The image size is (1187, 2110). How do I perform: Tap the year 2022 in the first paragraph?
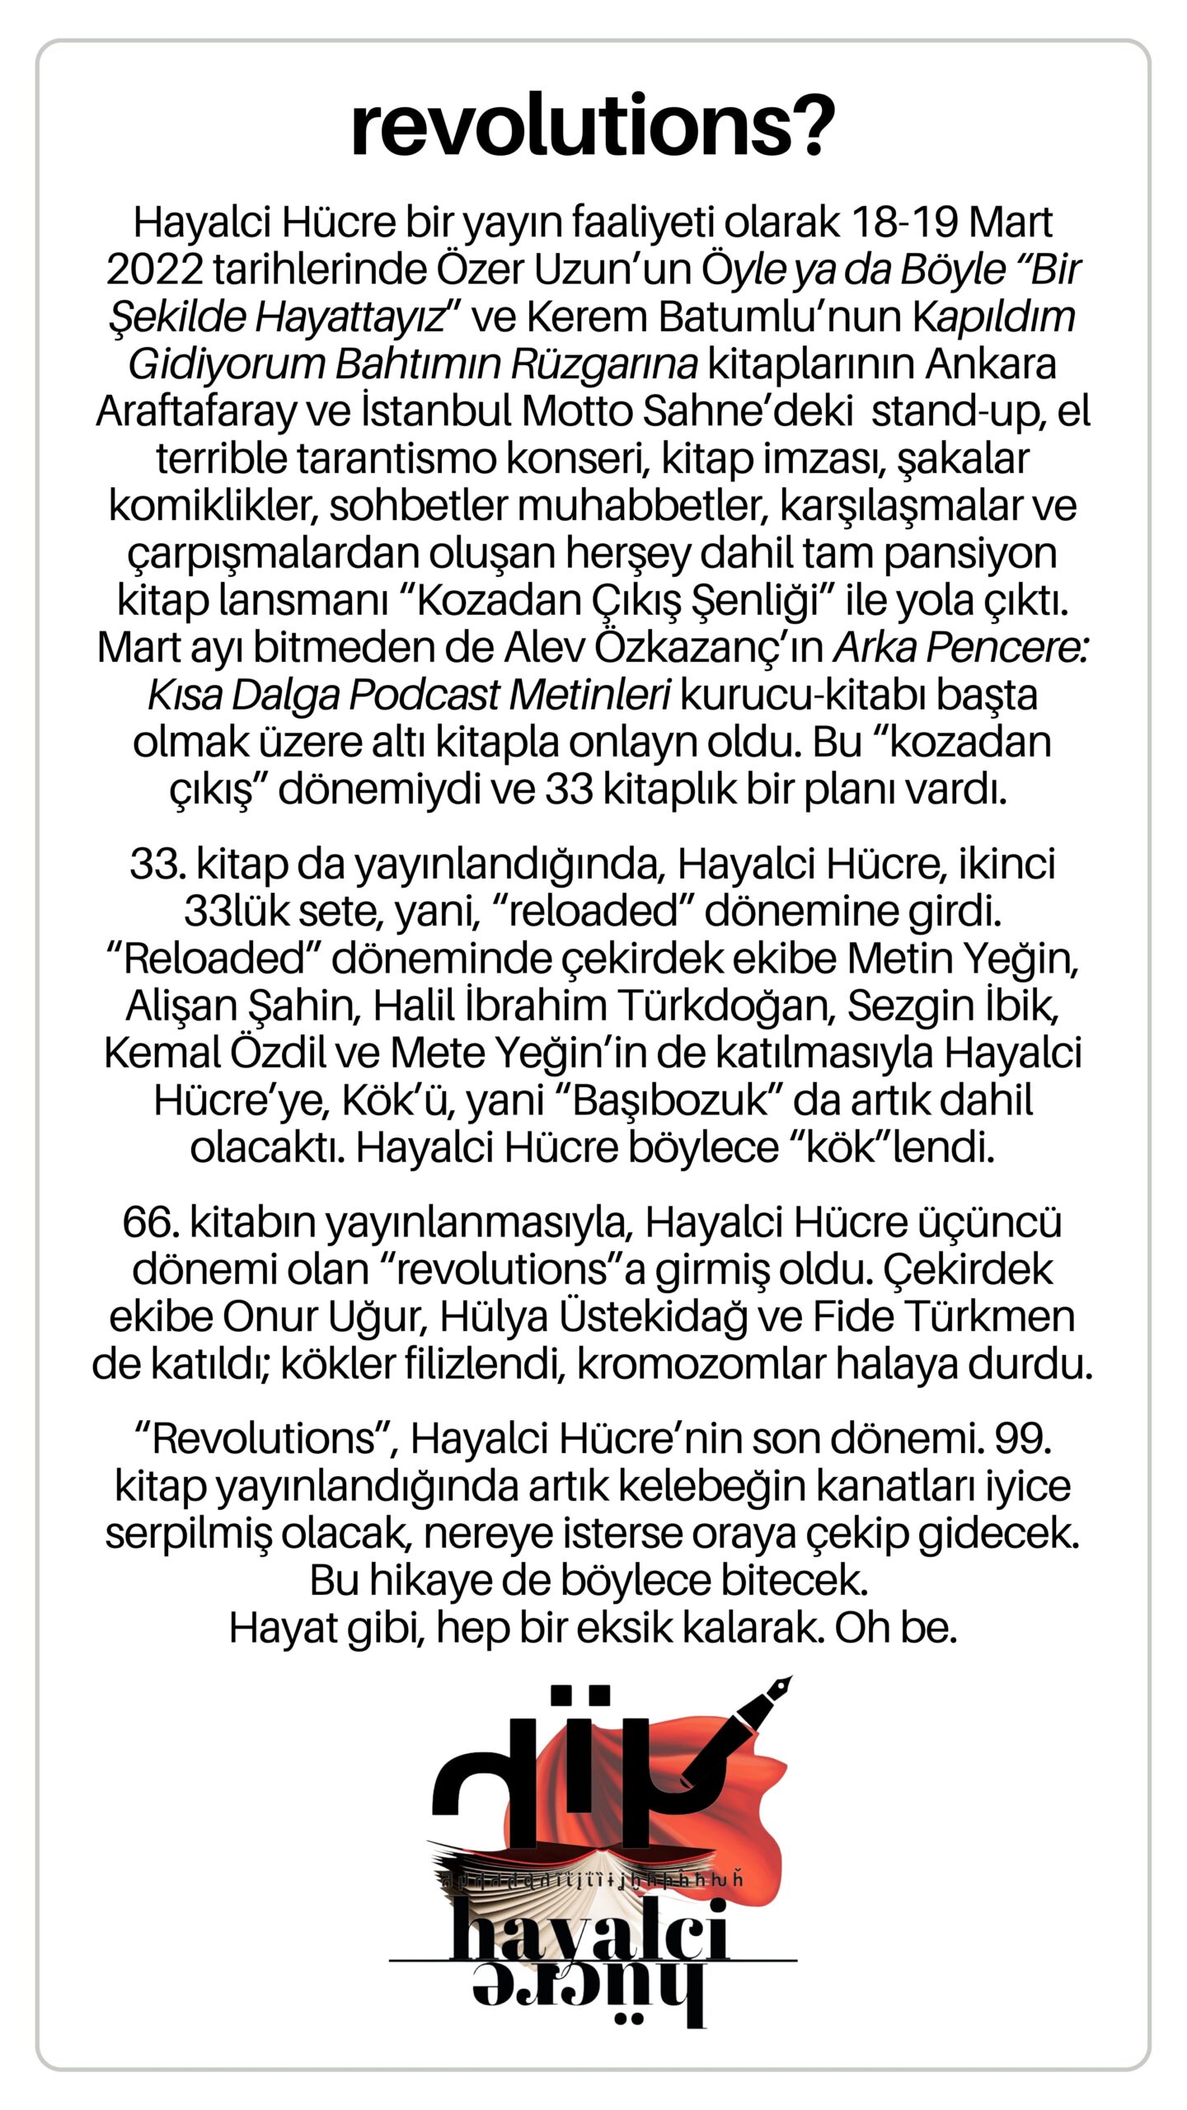pos(154,270)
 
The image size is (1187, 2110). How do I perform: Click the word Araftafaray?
pos(195,411)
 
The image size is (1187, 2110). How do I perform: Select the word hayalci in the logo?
pos(589,1930)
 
